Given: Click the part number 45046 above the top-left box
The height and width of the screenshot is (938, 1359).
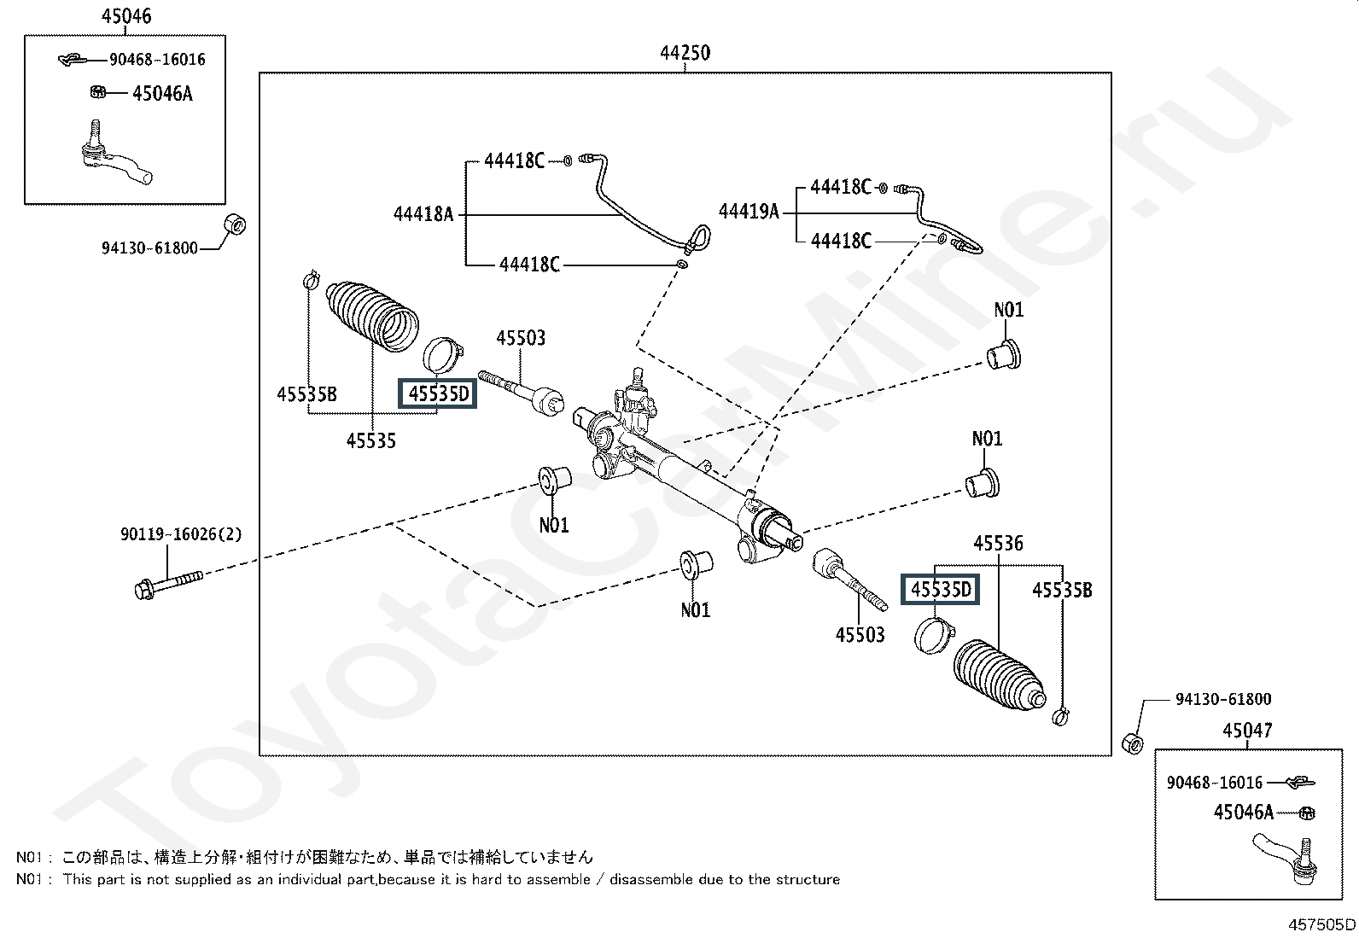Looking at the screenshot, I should click(x=125, y=16).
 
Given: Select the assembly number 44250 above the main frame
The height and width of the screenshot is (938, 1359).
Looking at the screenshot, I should click(x=685, y=53).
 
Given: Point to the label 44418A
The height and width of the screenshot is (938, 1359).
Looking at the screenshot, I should click(x=423, y=214).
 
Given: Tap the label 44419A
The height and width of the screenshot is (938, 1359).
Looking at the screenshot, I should click(x=749, y=211).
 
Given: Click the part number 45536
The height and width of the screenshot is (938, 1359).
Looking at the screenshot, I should click(x=998, y=544).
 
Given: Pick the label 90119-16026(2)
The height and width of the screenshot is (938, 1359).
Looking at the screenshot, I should click(x=181, y=535).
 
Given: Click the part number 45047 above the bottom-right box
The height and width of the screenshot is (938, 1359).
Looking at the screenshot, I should click(x=1246, y=731).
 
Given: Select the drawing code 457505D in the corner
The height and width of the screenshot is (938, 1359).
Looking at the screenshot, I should click(x=1321, y=924).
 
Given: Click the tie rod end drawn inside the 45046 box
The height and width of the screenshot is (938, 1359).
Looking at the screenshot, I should click(x=115, y=158).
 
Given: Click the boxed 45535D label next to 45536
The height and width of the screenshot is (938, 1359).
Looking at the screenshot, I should click(x=941, y=590).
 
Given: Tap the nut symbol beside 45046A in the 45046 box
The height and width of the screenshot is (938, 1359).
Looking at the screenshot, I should click(x=97, y=92).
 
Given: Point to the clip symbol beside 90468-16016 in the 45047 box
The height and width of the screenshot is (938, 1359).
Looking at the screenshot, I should click(x=1300, y=782).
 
